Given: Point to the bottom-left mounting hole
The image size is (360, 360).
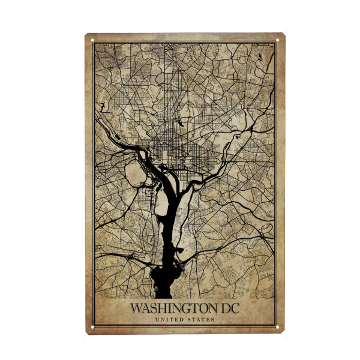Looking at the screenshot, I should coord(93,327).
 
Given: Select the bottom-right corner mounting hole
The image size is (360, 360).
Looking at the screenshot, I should coord(278,327).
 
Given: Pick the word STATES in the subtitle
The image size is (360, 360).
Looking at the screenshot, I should coord(201,320).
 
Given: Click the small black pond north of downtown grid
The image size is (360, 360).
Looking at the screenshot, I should coord(179,124).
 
